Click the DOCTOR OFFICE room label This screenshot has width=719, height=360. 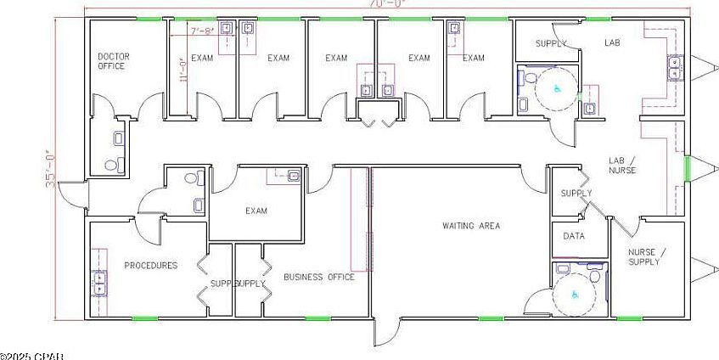pos(113,61)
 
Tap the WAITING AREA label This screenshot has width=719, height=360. pos(470,226)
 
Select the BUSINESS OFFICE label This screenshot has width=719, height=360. pos(319,277)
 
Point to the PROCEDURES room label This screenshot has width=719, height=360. pos(151,266)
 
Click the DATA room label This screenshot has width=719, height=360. pos(574,236)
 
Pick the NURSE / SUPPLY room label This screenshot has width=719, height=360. pos(648,256)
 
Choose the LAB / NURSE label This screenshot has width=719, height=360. pos(622,165)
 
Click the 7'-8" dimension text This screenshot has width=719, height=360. pos(202,31)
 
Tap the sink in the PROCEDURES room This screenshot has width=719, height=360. pos(100,281)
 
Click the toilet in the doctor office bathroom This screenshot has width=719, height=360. pos(110,165)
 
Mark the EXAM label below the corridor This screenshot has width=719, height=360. pos(256,211)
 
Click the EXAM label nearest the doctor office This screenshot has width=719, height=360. pos(202,58)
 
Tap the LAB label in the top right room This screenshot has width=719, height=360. pos(613,42)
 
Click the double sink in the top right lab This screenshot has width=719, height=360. pos(675,66)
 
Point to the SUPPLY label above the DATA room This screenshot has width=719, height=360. pos(576,194)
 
